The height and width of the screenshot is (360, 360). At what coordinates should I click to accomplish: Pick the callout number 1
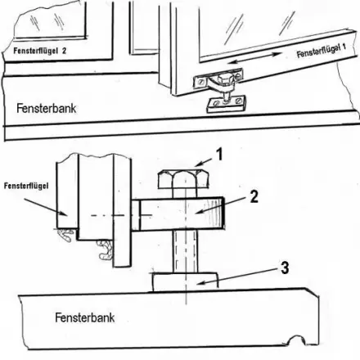(x=220, y=153)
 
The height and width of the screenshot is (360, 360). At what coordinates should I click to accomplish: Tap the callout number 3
(x=283, y=266)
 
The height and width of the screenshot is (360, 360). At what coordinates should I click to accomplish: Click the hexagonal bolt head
(x=178, y=182)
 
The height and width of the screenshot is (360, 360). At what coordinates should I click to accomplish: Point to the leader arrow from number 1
(x=197, y=164)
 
